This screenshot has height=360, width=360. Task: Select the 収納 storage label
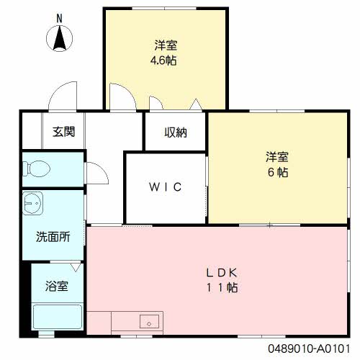click(x=176, y=132)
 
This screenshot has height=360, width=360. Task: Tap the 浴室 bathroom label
click(x=58, y=286)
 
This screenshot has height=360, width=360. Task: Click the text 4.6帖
click(x=163, y=60)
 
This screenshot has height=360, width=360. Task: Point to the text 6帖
click(x=278, y=172)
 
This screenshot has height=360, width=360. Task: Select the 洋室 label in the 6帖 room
click(x=278, y=156)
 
